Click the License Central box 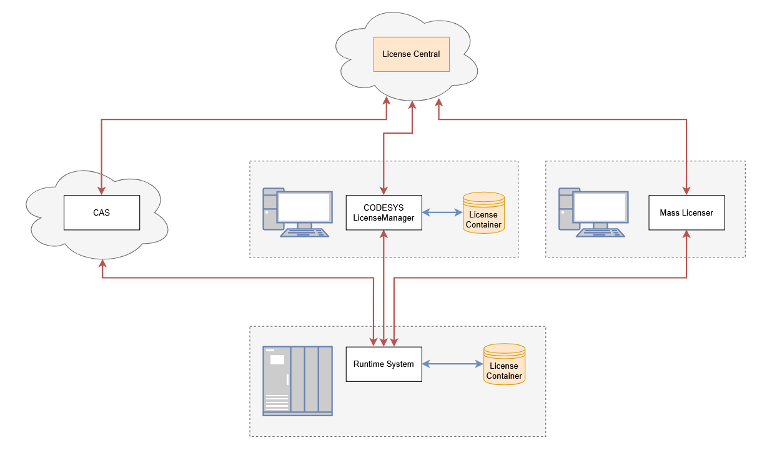pos(411,54)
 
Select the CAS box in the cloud pos(101,212)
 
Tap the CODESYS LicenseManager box pos(384,212)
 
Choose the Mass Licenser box pos(686,212)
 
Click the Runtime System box pos(384,364)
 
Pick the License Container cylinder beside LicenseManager pos(483,213)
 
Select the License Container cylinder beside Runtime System pos(504,365)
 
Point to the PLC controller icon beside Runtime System pos(297,381)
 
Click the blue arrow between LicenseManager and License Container pos(442,212)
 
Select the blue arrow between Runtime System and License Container pos(453,364)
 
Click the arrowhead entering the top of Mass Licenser pos(686,191)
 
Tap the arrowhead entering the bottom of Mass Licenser pos(686,234)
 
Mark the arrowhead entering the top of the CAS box pos(101,191)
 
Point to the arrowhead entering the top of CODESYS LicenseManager pos(384,191)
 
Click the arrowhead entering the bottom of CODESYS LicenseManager pos(384,234)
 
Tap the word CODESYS pos(384,207)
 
